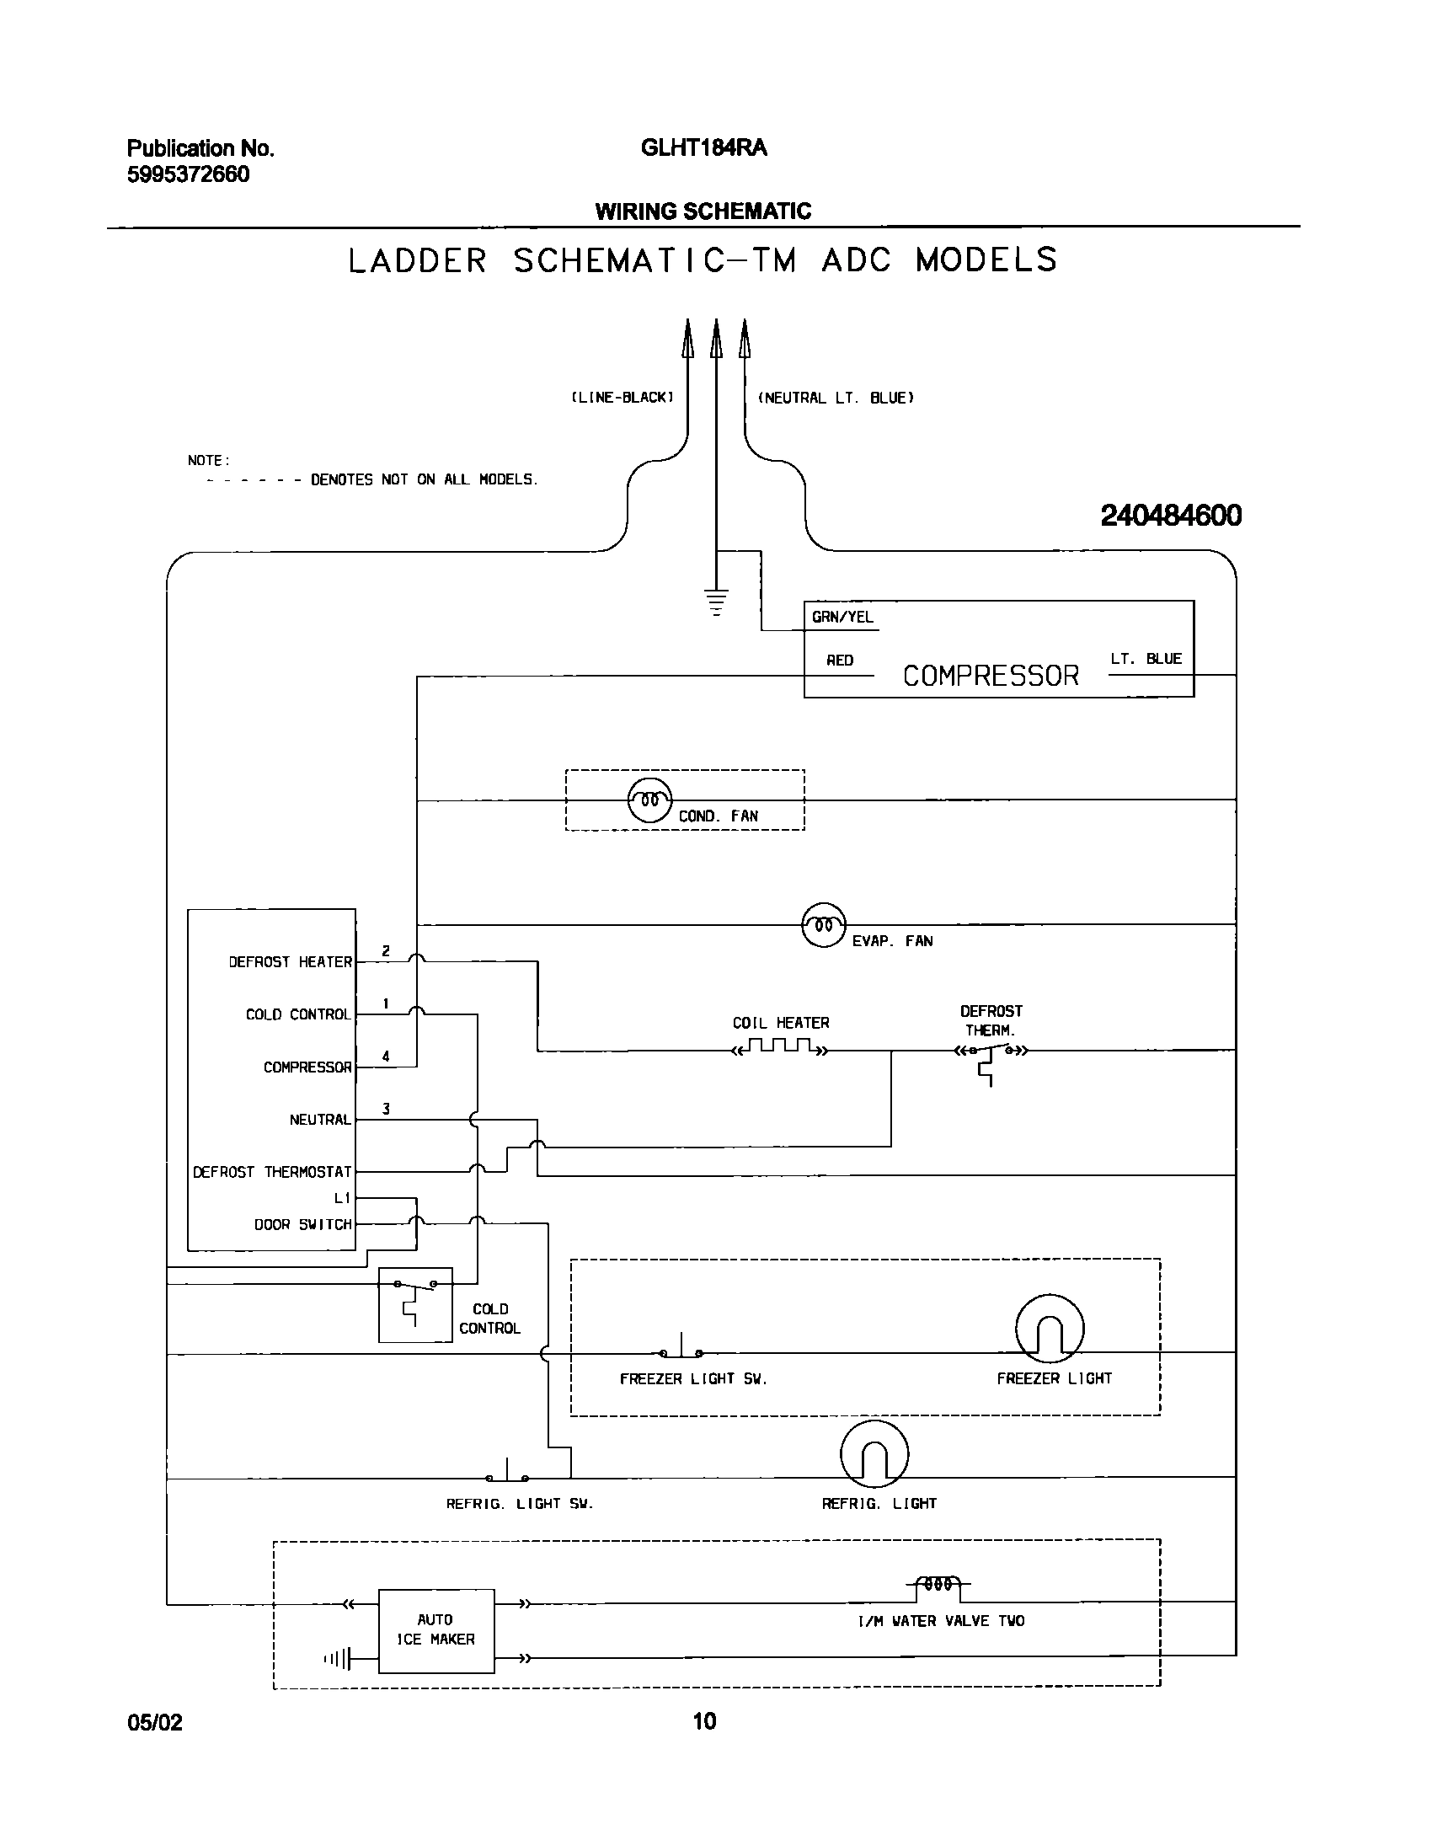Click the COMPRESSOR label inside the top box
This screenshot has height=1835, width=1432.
991,676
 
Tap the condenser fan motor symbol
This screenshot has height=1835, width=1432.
649,800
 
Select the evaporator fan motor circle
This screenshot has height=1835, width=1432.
823,925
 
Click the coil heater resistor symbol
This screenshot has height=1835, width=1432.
780,1048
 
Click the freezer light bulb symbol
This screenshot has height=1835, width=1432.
1050,1329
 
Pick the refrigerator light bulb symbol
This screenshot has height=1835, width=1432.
874,1454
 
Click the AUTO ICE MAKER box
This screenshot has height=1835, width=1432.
435,1630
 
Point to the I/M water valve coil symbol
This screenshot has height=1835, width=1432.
938,1584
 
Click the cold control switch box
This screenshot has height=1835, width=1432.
415,1304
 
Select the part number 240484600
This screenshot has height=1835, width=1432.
1171,516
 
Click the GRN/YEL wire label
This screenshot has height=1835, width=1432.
842,618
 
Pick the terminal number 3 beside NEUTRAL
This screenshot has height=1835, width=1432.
386,1109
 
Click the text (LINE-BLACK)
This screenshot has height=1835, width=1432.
622,398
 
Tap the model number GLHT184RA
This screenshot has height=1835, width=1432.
703,148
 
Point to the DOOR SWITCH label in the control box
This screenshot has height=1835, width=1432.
302,1224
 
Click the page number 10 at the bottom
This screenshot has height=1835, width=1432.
704,1720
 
